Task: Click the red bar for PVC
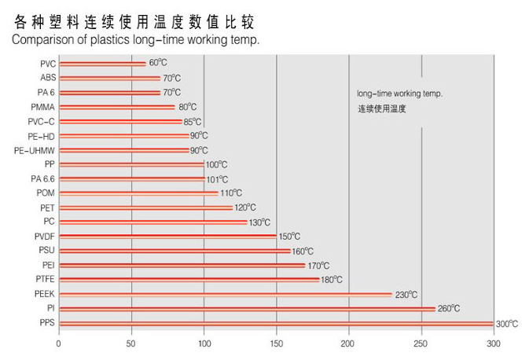(102, 64)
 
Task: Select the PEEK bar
(225, 294)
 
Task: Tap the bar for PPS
(275, 323)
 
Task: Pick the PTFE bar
(189, 279)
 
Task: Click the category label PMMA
(42, 107)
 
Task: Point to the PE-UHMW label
(34, 150)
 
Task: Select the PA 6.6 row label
(39, 178)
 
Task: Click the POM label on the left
(45, 193)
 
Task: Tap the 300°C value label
(507, 323)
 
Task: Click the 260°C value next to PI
(448, 308)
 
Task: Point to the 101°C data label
(217, 178)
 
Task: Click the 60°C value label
(158, 63)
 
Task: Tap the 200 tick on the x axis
(348, 343)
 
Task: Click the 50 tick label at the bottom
(131, 343)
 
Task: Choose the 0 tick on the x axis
(59, 343)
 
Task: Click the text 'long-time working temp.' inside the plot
(400, 93)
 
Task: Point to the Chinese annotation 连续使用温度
(382, 108)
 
